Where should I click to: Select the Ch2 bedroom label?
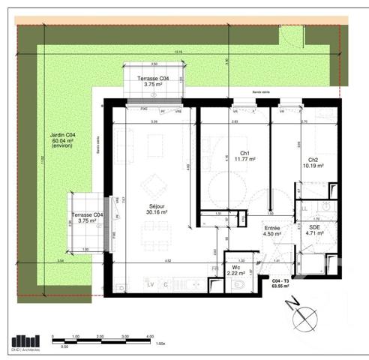(x=313, y=160)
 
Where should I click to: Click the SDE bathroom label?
(x=314, y=226)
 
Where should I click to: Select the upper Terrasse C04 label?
(x=153, y=79)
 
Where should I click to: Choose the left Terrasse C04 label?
(x=88, y=215)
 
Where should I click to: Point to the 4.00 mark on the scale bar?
(x=150, y=337)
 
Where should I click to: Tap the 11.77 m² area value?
(x=244, y=159)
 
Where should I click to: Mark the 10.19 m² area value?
(x=313, y=166)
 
